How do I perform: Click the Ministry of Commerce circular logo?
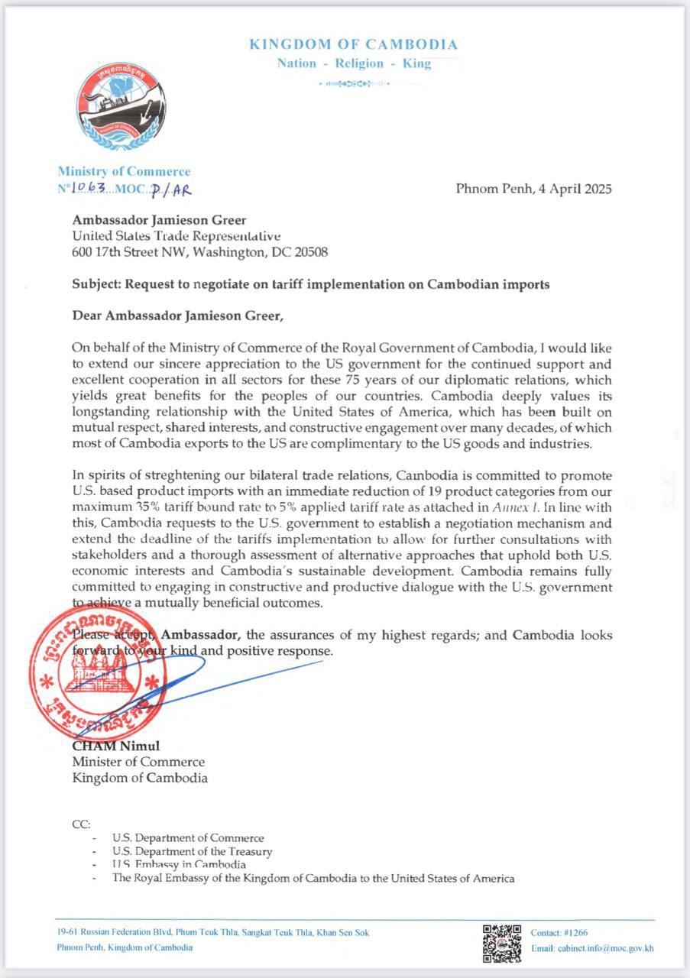coord(121,107)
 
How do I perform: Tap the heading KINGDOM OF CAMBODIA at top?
coord(353,44)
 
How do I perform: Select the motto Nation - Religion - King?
coord(354,63)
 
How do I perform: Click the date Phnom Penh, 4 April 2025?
coord(533,189)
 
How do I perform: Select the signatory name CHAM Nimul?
coord(116,746)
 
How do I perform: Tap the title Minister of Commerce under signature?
coord(138,762)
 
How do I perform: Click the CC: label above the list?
coord(81,824)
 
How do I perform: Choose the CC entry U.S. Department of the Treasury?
coord(192,851)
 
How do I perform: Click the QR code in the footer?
coord(501,942)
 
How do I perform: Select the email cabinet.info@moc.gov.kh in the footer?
coord(592,948)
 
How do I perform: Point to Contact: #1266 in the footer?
coord(559,933)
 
